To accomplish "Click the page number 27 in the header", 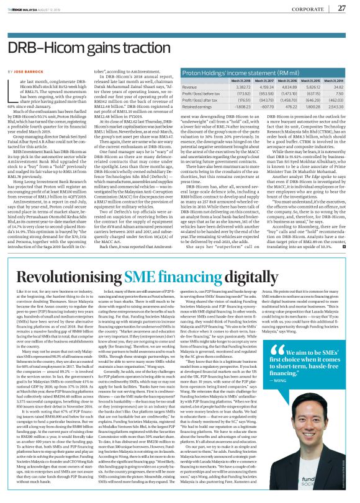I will tap(342, 8).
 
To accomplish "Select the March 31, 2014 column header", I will tap(335, 89).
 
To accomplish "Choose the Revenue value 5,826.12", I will tap(308, 96).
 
